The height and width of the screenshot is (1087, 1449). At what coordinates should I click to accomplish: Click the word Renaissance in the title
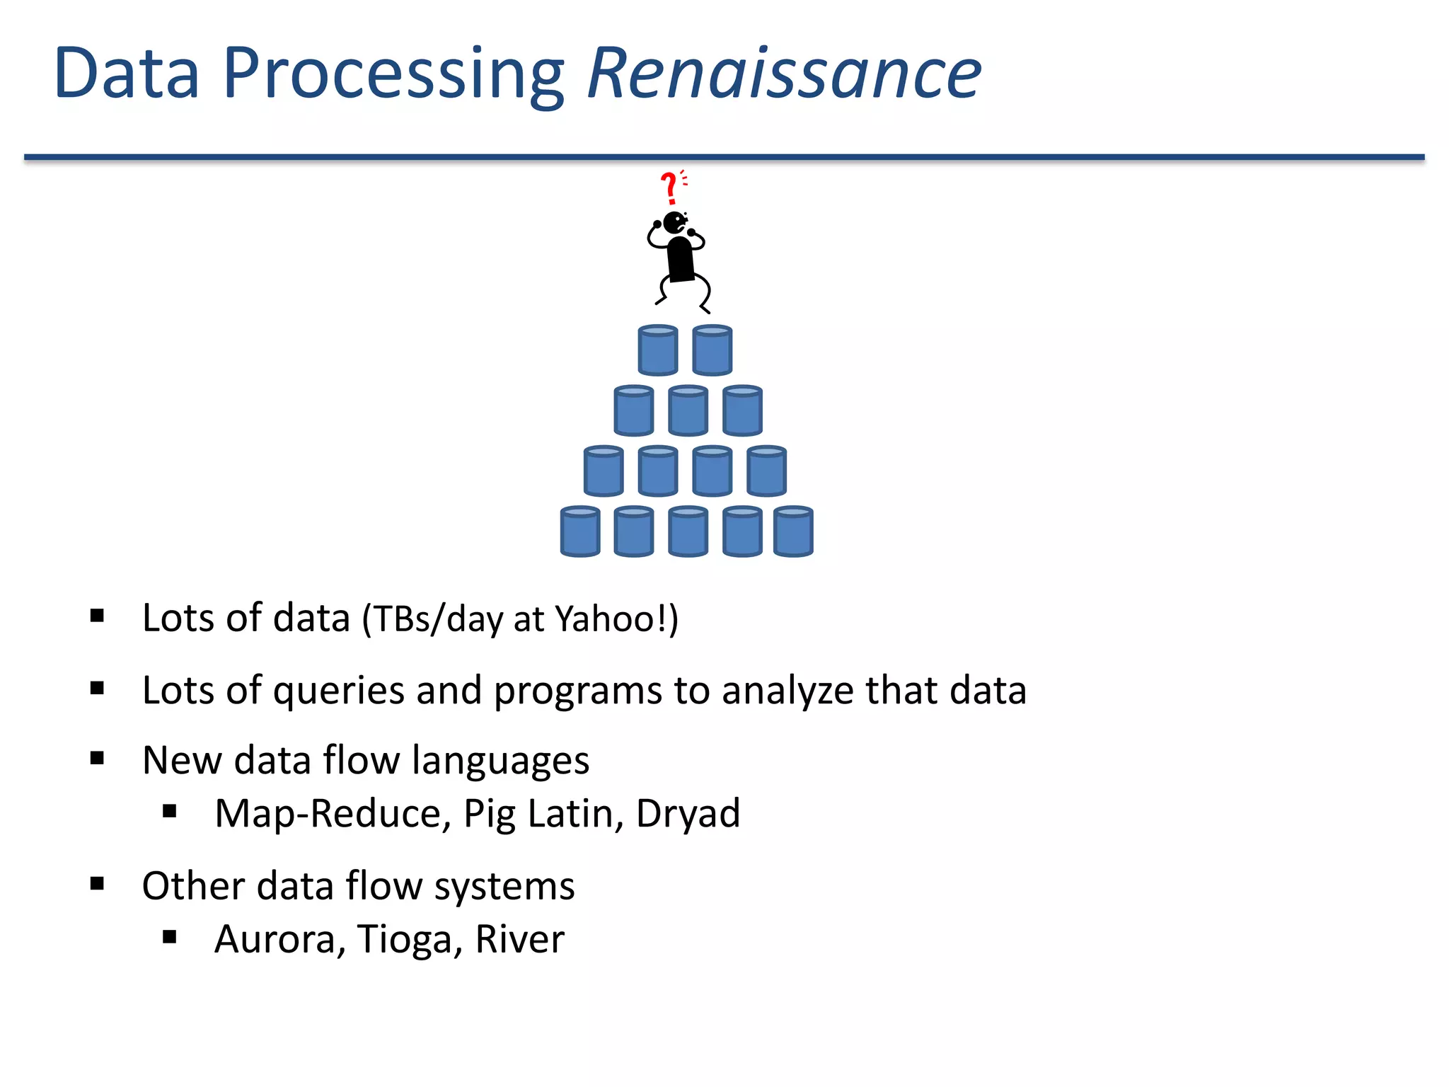coord(784,73)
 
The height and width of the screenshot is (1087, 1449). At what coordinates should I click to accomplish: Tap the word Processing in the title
coord(393,74)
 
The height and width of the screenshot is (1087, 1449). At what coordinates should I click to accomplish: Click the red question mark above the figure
coord(669,188)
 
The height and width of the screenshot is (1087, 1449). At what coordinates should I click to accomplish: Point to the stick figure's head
coord(674,222)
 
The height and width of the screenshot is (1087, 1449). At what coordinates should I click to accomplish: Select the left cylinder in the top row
coord(658,350)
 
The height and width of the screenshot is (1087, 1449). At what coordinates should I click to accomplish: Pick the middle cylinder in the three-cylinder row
coord(688,410)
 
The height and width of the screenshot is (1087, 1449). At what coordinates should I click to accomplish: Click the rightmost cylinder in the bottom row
coord(793,531)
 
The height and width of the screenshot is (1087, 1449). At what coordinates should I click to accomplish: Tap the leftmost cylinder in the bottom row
coord(580,531)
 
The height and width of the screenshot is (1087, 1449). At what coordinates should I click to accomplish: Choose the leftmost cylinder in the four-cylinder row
coord(604,471)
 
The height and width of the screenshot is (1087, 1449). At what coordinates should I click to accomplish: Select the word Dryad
coord(688,814)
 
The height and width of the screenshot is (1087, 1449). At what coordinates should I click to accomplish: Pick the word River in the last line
coord(519,940)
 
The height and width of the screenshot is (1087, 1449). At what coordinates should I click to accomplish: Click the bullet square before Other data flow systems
coord(98,883)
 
